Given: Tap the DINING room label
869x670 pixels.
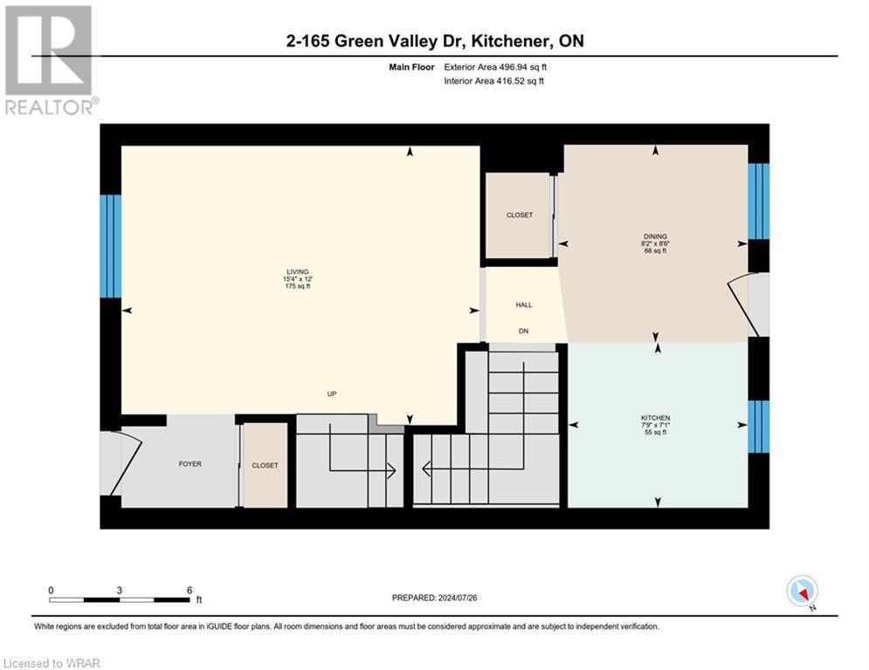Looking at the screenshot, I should tap(655, 236).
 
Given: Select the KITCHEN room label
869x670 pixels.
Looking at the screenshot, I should tap(655, 418).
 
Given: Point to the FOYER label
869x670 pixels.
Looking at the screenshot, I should tap(190, 464).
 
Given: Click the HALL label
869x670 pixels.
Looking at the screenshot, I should tap(523, 304).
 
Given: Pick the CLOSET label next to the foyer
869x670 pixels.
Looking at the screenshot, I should tap(265, 465).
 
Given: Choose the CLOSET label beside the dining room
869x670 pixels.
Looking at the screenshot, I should tap(519, 215).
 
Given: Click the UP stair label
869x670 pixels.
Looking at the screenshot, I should tap(332, 394).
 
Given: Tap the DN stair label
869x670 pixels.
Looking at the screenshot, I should tap(523, 332).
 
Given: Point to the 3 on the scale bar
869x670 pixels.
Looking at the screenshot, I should tap(120, 590).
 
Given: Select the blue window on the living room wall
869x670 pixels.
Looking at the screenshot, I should tap(111, 246).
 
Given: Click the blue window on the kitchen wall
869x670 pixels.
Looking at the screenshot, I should tap(758, 427).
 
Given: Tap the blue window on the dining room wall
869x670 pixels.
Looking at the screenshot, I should tap(758, 201).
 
